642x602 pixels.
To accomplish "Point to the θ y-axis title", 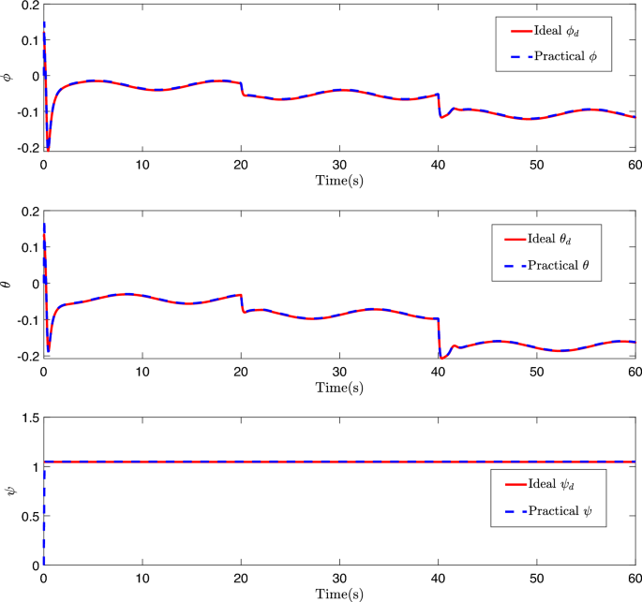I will [8, 284].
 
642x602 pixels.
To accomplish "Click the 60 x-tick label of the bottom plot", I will [635, 579].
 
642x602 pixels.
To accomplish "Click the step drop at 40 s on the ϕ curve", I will [439, 105].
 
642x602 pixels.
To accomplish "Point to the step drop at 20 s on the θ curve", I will [241, 303].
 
